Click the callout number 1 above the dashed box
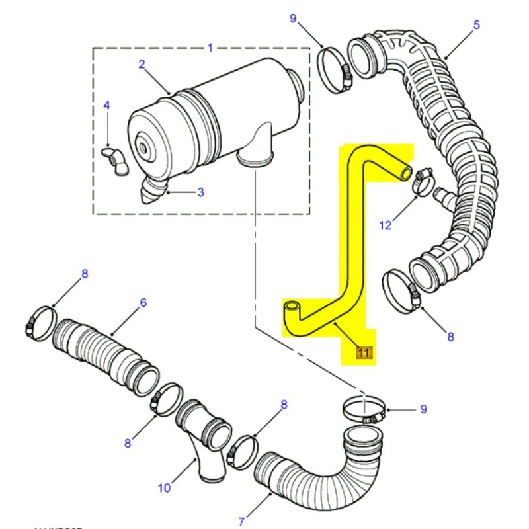[210, 48]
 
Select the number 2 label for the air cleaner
[141, 64]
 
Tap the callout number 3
[200, 192]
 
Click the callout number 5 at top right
[476, 26]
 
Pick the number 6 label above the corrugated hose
[143, 303]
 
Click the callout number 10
[164, 488]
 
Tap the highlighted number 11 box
[364, 353]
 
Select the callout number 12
[386, 225]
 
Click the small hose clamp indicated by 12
[422, 181]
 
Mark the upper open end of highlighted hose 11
[405, 172]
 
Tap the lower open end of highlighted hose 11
[292, 307]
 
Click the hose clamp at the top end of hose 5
[336, 69]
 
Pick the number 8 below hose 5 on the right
[450, 337]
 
